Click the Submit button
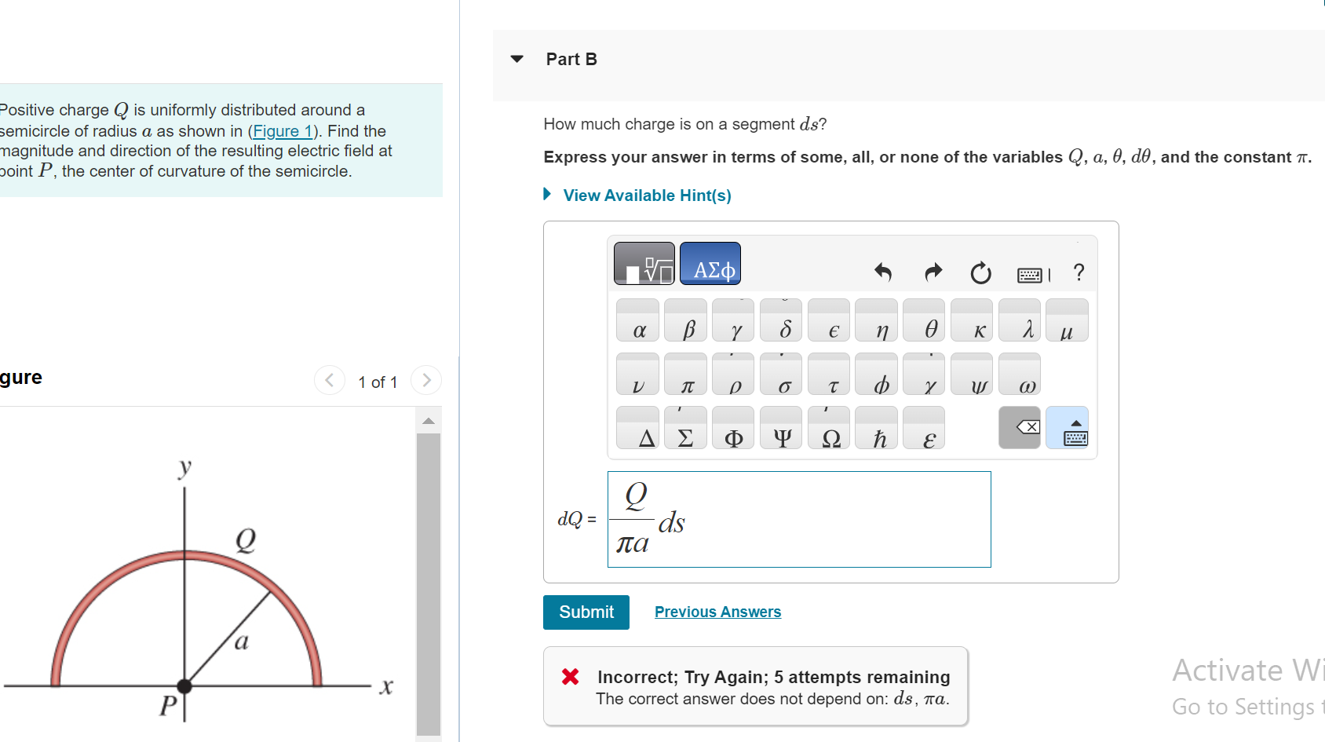pos(586,612)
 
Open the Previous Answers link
pos(717,612)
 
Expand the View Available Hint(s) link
pos(646,196)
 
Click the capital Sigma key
pos(685,437)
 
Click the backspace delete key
pos(1019,428)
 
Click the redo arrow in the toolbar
pos(933,272)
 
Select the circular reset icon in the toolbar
pos(980,273)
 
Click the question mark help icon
pos(1079,272)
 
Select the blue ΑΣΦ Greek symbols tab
pos(710,264)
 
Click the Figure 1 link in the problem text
pos(282,131)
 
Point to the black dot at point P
pos(184,685)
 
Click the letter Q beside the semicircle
pos(246,539)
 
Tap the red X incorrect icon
pos(571,677)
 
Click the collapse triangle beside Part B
pos(516,59)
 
